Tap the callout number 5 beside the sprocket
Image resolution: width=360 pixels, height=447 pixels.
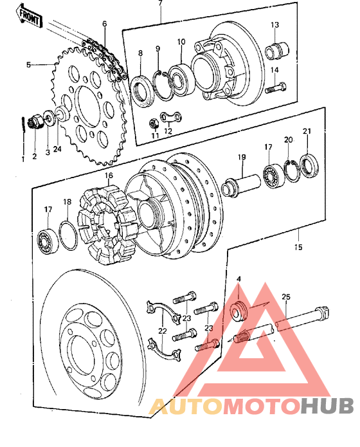coord(29,64)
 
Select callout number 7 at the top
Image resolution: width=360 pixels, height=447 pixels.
coord(160,3)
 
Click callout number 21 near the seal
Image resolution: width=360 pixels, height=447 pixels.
coord(307,132)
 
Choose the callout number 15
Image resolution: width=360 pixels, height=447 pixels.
coord(298,246)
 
